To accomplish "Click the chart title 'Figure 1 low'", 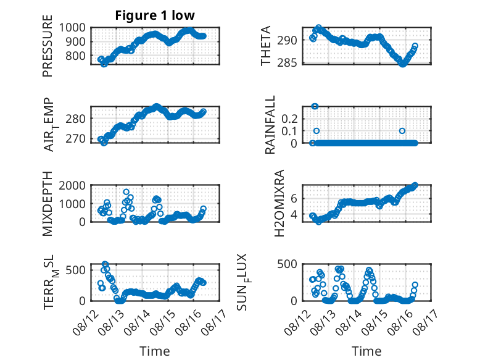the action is pos(155,15).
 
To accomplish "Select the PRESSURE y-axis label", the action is pos(48,46).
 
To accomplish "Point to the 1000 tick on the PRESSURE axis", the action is pos(72,28).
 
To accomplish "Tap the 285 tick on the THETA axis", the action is pos(287,62).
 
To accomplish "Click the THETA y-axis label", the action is pos(266,46).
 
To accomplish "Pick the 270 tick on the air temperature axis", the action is pos(75,139).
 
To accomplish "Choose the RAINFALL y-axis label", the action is pos(270,125).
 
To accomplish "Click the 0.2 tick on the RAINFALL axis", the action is pos(289,119).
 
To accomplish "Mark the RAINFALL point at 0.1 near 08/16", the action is pos(402,131).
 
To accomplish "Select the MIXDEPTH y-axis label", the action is pos(48,203).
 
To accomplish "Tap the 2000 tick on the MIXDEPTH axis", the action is pos(72,185).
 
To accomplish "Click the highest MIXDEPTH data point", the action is pos(126,192).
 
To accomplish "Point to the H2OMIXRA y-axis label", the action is pos(279,203).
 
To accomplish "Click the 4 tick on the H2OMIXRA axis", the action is pos(294,214).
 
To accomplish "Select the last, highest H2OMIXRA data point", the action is pos(415,185).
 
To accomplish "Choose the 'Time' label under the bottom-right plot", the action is pos(366,351).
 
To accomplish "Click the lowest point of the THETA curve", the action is pos(402,64).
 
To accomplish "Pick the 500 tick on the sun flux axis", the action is pos(287,264).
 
